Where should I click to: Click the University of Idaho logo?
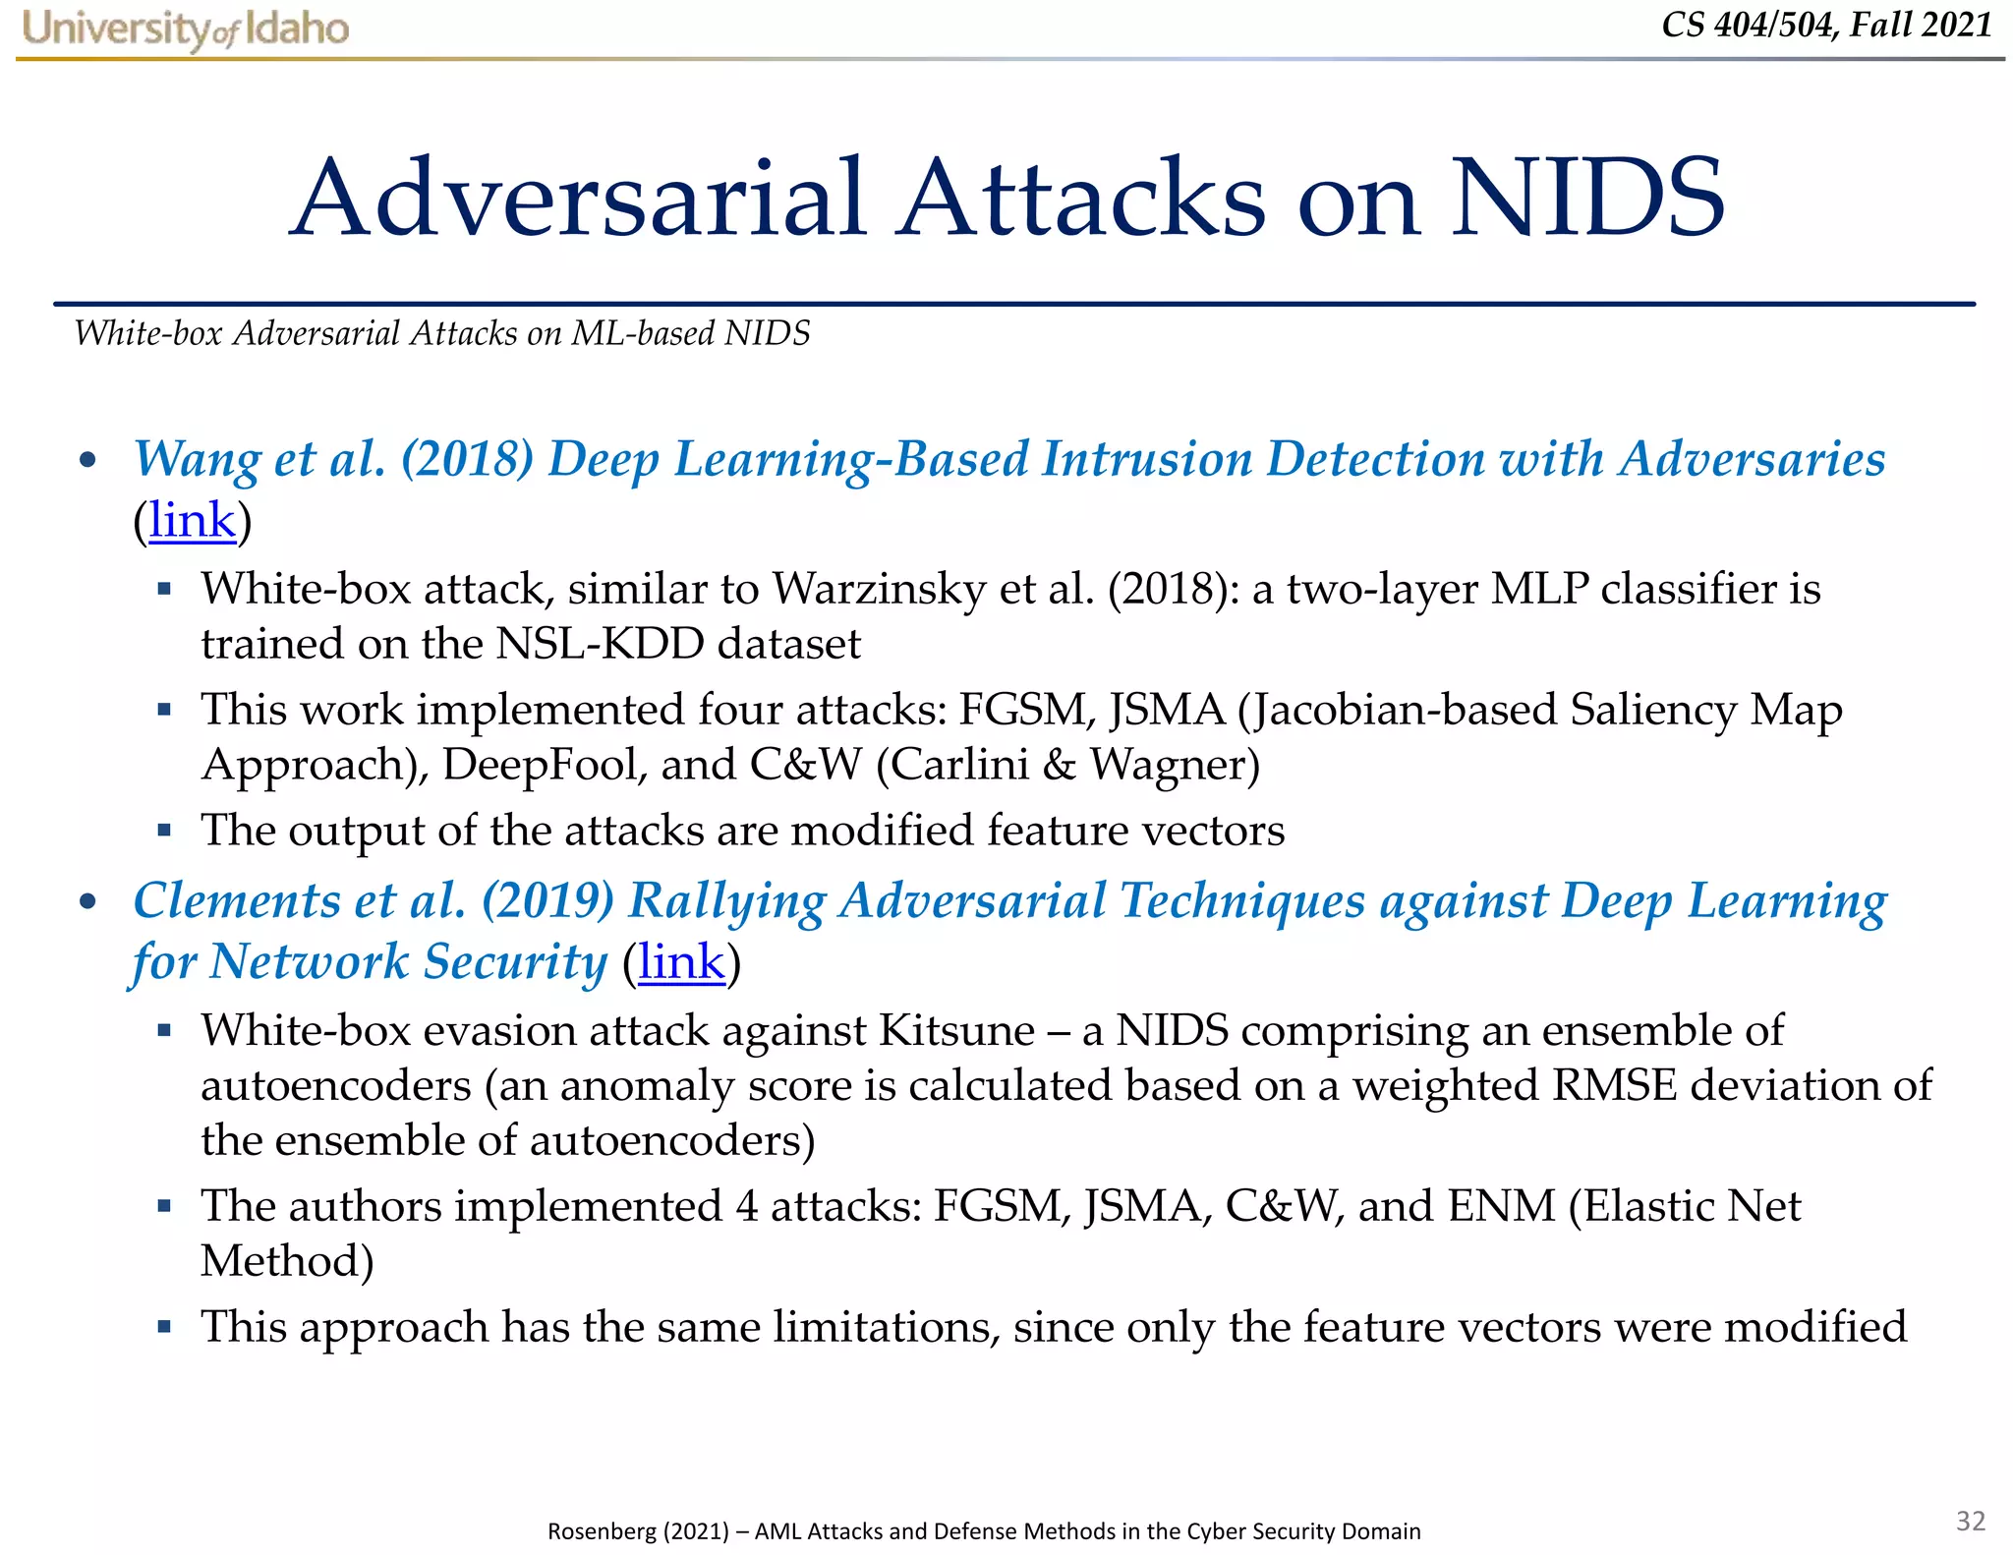pos(185,28)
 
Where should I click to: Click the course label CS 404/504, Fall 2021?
pos(1826,24)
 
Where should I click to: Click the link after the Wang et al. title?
pos(193,520)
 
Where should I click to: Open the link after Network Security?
pos(681,961)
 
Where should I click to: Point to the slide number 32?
pos(1971,1521)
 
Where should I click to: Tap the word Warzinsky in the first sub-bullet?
pos(879,589)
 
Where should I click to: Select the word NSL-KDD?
pos(600,644)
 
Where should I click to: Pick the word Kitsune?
pos(956,1030)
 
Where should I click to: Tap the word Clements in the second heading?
pos(236,900)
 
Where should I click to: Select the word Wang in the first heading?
pos(197,459)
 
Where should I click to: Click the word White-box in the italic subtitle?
pos(148,333)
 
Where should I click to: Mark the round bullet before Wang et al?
pos(88,460)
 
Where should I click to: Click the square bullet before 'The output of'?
pos(164,831)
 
